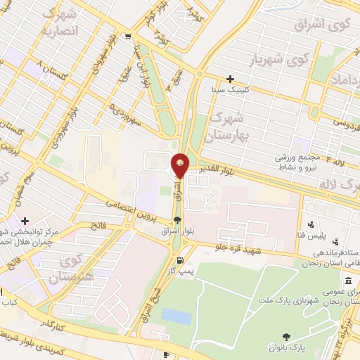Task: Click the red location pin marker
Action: [x=181, y=166]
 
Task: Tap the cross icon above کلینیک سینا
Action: [x=230, y=79]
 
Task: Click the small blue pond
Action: [x=176, y=317]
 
